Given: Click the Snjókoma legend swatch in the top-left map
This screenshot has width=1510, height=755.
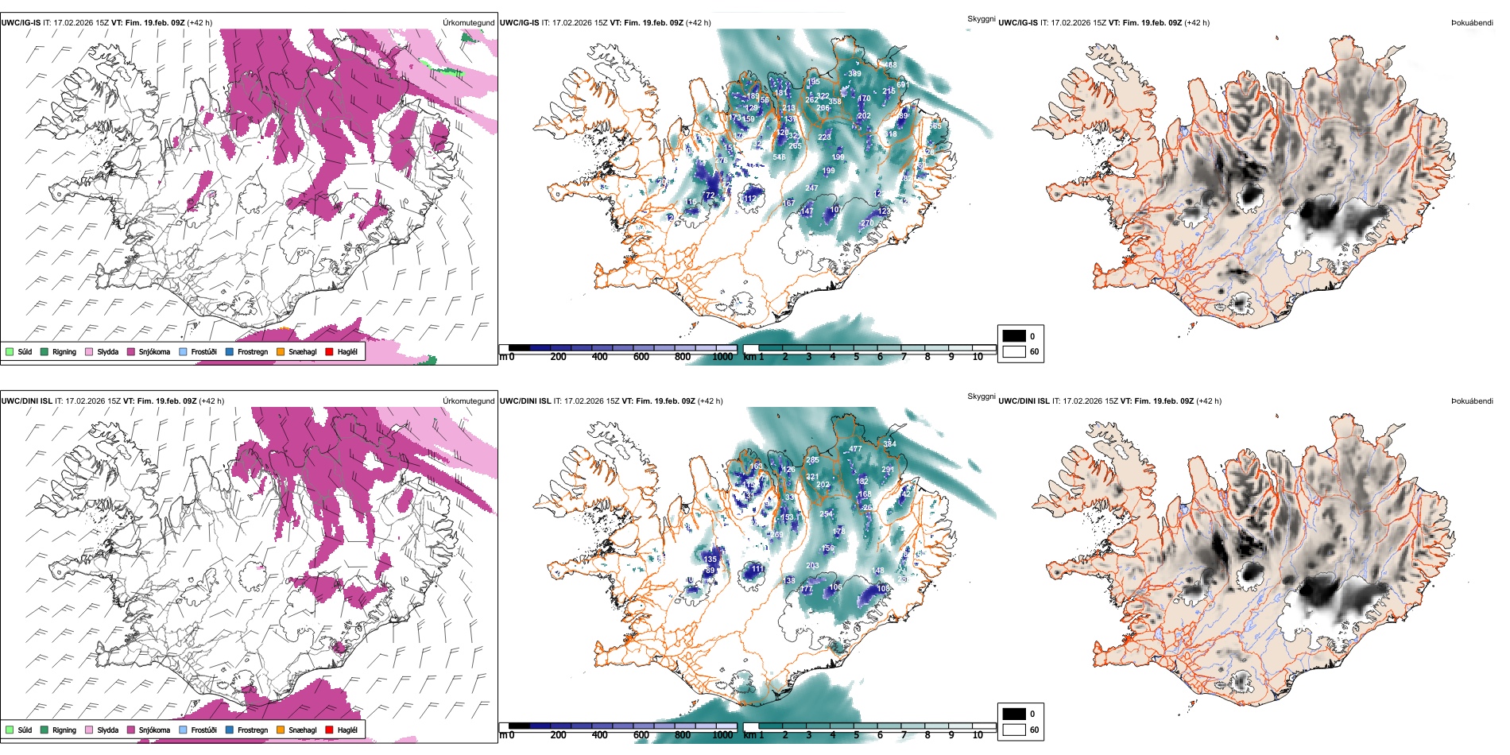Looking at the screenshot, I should pos(131,351).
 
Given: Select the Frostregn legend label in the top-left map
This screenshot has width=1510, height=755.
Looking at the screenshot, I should pos(253,351).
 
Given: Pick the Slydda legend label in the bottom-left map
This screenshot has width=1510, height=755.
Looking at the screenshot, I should pos(107,730).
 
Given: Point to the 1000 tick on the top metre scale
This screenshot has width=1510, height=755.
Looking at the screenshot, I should pos(722,357).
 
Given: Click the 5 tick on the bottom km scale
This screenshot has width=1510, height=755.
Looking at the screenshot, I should pos(856,735).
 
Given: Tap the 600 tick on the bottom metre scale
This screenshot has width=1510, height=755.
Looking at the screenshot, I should pos(641,735).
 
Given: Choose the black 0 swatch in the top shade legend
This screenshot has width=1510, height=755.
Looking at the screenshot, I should pos(1014,336).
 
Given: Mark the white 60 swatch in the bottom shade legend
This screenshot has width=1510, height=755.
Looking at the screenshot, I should pos(1014,730).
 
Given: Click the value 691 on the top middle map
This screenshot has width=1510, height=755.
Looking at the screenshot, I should pos(902,84).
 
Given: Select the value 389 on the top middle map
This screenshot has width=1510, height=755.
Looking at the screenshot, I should pos(854,74).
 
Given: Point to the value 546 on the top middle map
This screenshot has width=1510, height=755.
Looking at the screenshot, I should pos(779,157).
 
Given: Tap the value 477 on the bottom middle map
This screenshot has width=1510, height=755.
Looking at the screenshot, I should pos(855,449).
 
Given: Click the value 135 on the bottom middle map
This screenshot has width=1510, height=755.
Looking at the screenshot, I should pos(710,559).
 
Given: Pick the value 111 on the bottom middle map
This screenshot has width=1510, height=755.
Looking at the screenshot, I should pos(757,569).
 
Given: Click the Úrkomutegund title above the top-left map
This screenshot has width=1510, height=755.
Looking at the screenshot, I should pos(468,23).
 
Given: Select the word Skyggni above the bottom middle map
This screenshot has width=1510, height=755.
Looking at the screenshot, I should pos(981,396).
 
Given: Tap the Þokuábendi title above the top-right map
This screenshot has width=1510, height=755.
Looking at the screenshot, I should pos(1472,23).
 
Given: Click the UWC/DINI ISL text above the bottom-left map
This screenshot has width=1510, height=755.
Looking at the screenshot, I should pos(26,401).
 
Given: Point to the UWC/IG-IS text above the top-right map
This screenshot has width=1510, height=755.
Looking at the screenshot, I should pos(1018,23).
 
